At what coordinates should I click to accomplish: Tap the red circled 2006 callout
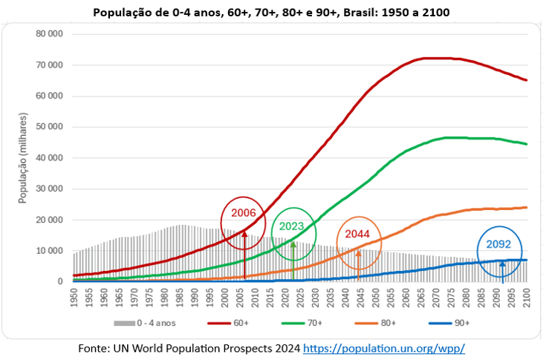[244, 212]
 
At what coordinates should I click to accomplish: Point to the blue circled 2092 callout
[498, 243]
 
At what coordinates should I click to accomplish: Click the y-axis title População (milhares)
[23, 158]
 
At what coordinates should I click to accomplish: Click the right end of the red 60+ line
[526, 80]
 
